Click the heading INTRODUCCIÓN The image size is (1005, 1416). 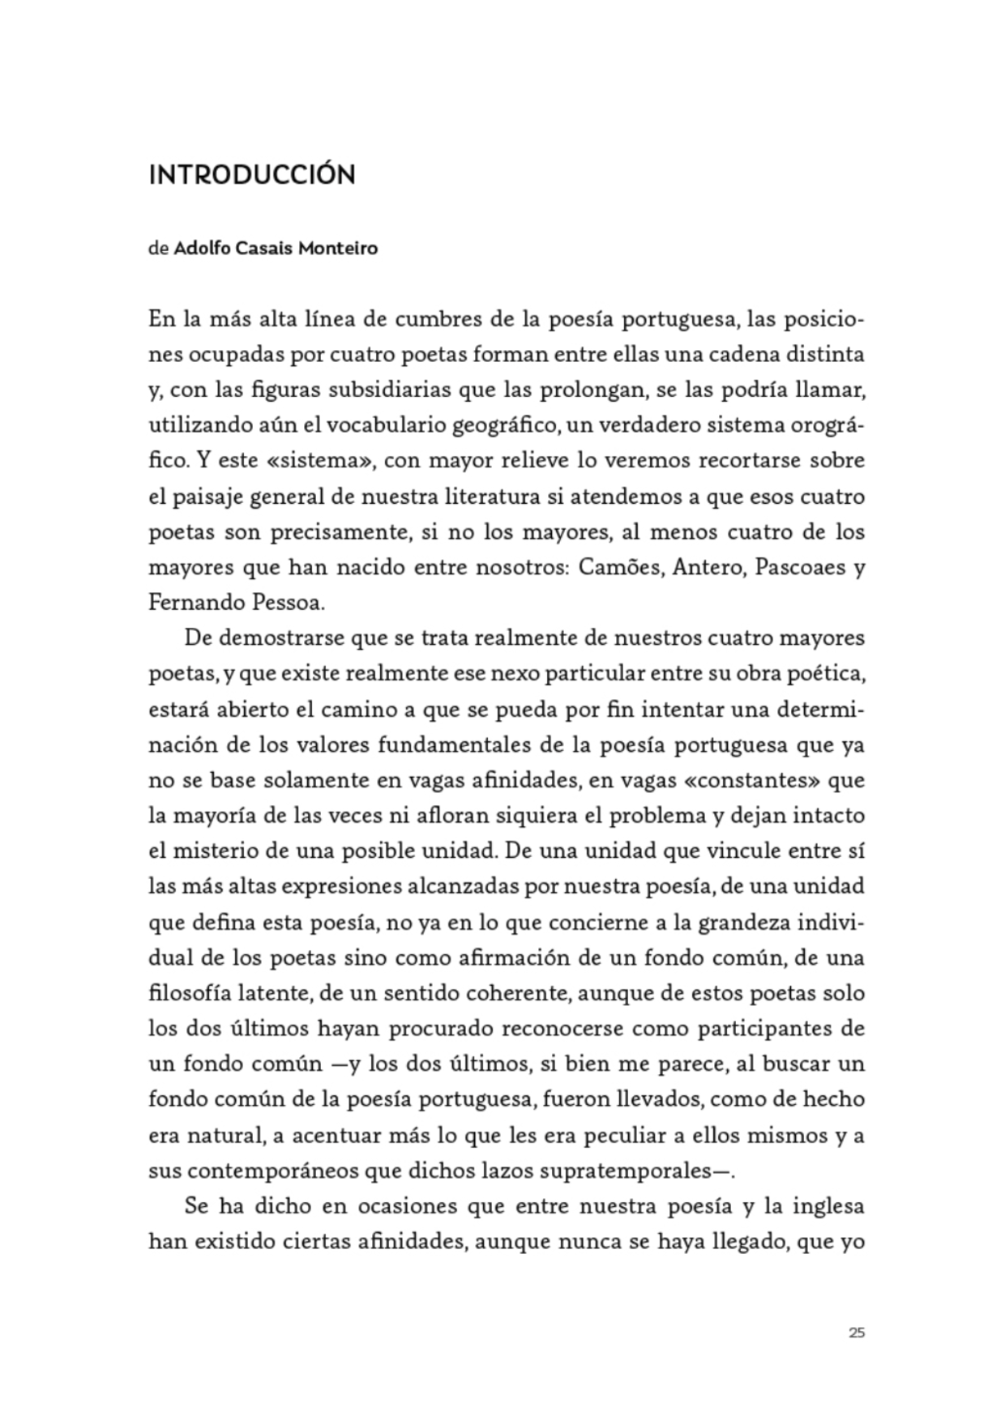pyautogui.click(x=251, y=175)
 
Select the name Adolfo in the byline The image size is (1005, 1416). pyautogui.click(x=202, y=248)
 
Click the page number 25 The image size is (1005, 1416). pyautogui.click(x=857, y=1332)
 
